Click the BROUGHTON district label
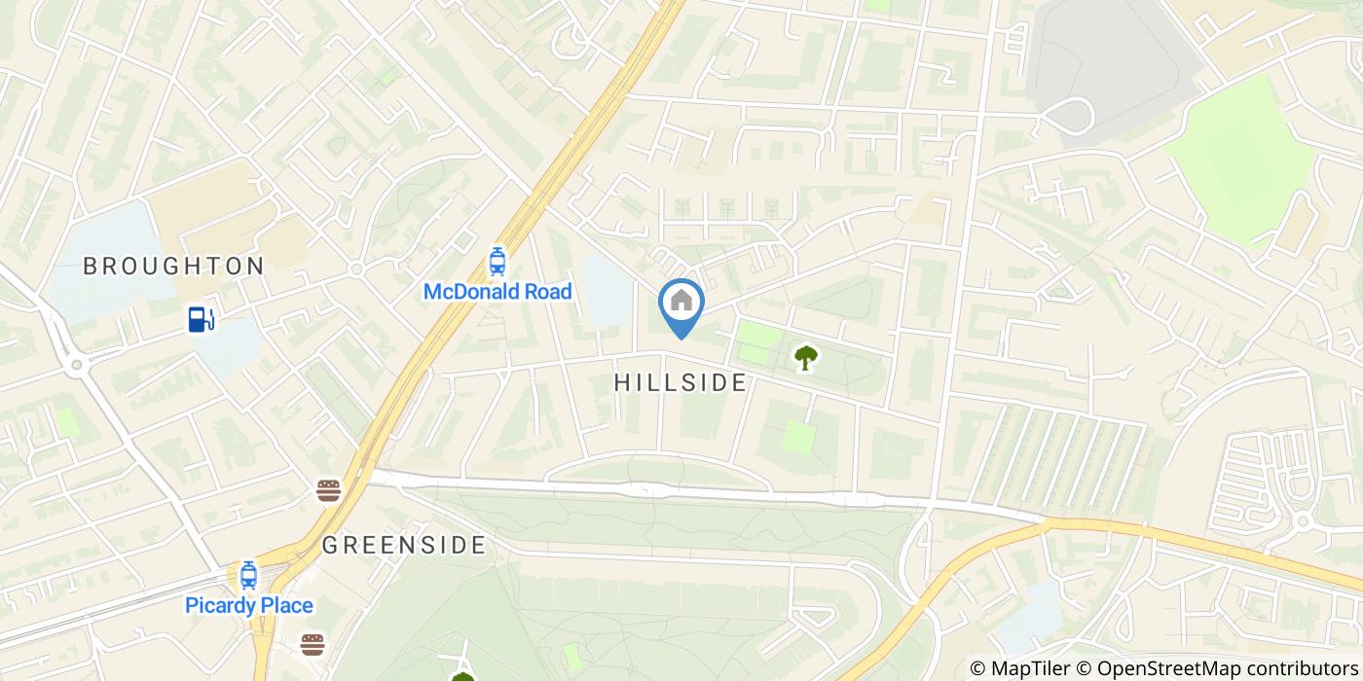(173, 267)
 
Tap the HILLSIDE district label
(681, 383)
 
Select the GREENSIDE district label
(403, 545)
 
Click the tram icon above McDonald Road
(497, 261)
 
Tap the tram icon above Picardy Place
(248, 575)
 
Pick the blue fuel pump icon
(201, 318)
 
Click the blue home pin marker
(681, 304)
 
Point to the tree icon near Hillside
(804, 358)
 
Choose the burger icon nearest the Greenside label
(329, 490)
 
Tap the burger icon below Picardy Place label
(313, 643)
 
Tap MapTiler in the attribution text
(1032, 668)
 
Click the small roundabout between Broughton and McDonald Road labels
(356, 269)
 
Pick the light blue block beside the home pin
(606, 289)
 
